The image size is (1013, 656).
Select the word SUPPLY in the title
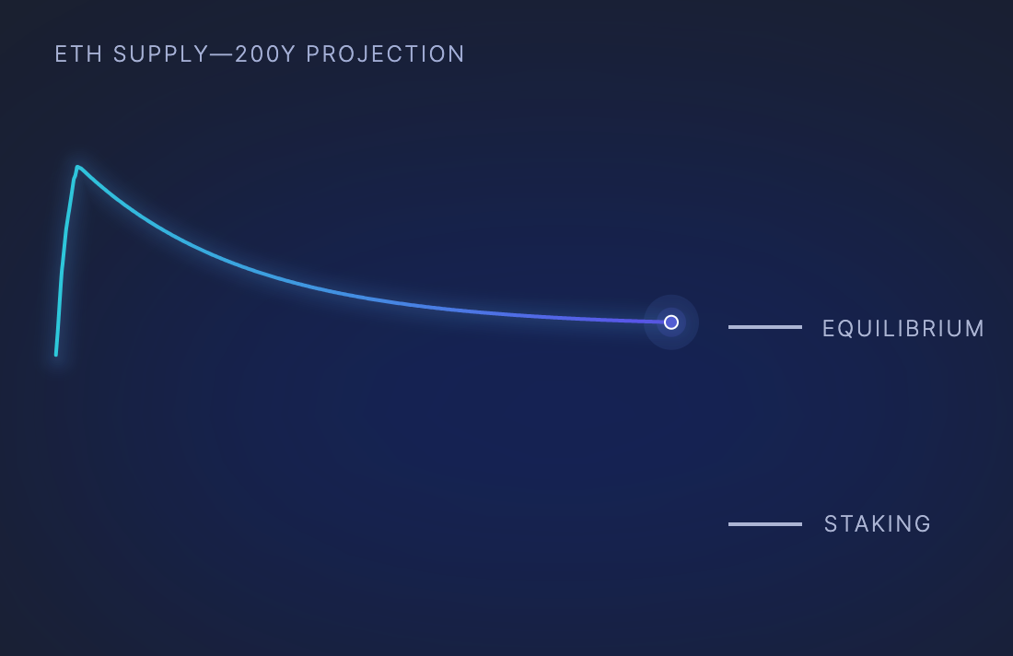[161, 54]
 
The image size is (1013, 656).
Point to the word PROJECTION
[386, 54]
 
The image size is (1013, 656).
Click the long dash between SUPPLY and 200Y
[222, 54]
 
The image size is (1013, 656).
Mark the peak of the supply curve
[77, 168]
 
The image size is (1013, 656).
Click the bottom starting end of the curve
[56, 354]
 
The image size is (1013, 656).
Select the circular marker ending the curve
[671, 322]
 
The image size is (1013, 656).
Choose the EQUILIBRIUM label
[903, 328]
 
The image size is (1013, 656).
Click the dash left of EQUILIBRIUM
[765, 327]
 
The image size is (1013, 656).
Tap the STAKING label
[878, 523]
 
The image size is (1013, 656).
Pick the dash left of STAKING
[765, 524]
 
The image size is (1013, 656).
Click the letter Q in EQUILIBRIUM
[849, 328]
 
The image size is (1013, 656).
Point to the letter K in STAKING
[876, 523]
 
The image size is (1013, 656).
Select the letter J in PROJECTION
[371, 54]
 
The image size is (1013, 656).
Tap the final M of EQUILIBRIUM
[975, 328]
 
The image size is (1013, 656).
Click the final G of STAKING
[923, 523]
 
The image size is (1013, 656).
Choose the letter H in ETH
[96, 54]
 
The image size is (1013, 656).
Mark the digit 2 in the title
[241, 54]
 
